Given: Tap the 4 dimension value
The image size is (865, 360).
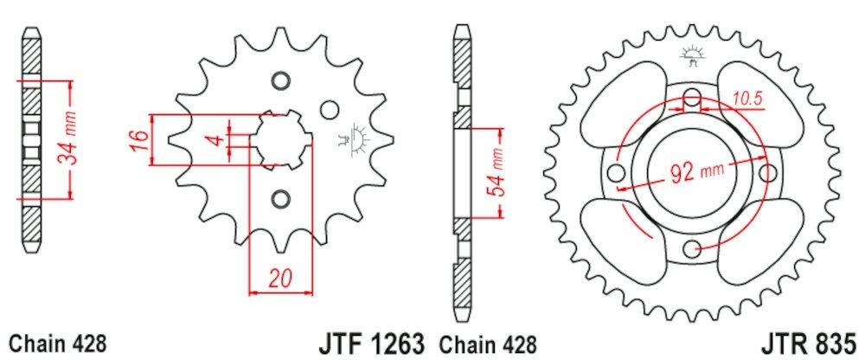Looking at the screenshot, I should tap(220, 138).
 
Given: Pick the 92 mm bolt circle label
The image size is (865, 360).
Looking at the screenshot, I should tap(695, 172).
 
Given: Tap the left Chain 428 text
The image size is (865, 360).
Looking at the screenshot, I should tap(58, 343).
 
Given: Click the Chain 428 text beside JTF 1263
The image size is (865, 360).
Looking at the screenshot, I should tap(489, 343).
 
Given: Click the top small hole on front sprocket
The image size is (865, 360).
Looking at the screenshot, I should tap(279, 81).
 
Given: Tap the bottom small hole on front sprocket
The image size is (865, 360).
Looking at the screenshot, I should tap(279, 199).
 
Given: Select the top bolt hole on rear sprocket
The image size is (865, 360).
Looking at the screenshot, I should tap(690, 99).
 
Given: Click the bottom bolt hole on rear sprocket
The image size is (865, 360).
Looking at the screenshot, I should tap(690, 250).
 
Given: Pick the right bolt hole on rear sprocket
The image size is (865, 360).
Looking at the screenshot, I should tap(766, 173).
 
